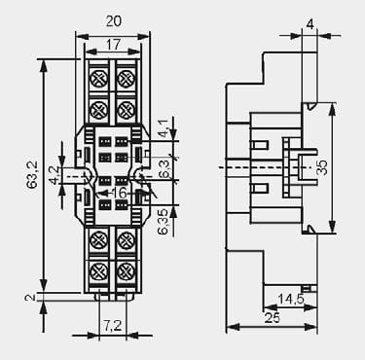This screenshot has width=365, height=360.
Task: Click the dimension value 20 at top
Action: tap(114, 21)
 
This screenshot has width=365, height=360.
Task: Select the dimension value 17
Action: tap(113, 45)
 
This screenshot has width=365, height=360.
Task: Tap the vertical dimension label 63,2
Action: tap(32, 174)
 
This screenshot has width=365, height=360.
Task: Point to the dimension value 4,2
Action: tap(54, 175)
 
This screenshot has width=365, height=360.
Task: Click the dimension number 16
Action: tap(119, 193)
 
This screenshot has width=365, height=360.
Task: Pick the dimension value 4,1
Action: tap(163, 128)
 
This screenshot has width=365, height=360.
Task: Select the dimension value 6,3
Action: tap(164, 168)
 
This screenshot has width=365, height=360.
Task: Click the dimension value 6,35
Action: tap(163, 222)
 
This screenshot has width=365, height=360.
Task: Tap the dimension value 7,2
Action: tap(113, 326)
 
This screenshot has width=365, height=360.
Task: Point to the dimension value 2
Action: tap(30, 298)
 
